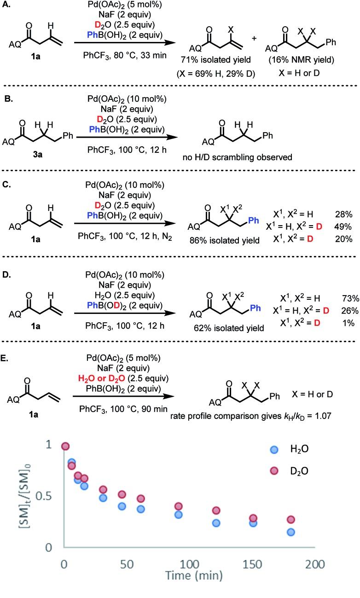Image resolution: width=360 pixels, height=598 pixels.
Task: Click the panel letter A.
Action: (6, 6)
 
